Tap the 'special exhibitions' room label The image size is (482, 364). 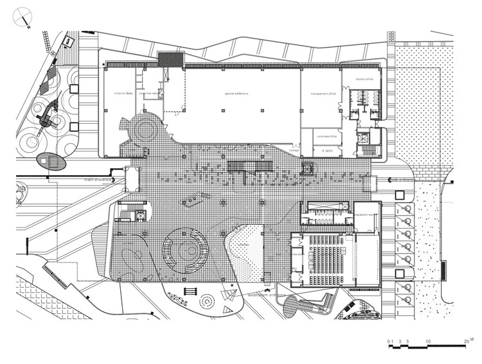coord(237,94)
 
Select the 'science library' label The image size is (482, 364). coord(123,94)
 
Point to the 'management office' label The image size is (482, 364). coord(323,94)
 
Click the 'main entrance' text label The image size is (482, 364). coord(96,180)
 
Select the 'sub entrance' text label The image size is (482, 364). coord(400,180)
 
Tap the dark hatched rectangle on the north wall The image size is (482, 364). coord(170,59)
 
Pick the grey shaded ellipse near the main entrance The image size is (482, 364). coord(51,160)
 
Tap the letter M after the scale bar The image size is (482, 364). coord(472,338)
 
